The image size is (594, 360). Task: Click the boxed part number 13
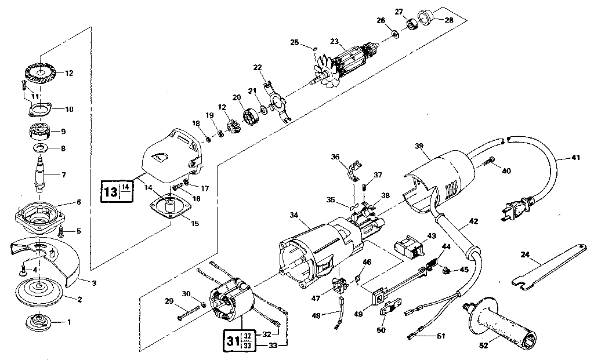coord(110,191)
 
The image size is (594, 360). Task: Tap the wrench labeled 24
coord(537,270)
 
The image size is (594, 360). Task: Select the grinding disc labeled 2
coord(39,292)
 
